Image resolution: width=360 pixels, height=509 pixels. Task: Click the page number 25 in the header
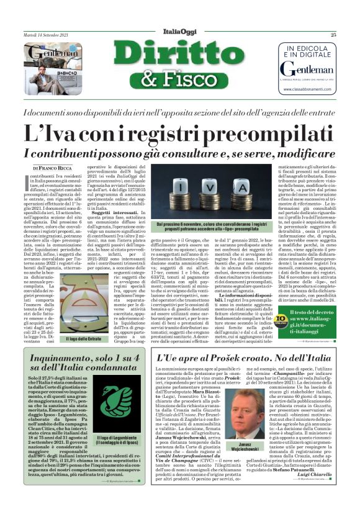351,35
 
